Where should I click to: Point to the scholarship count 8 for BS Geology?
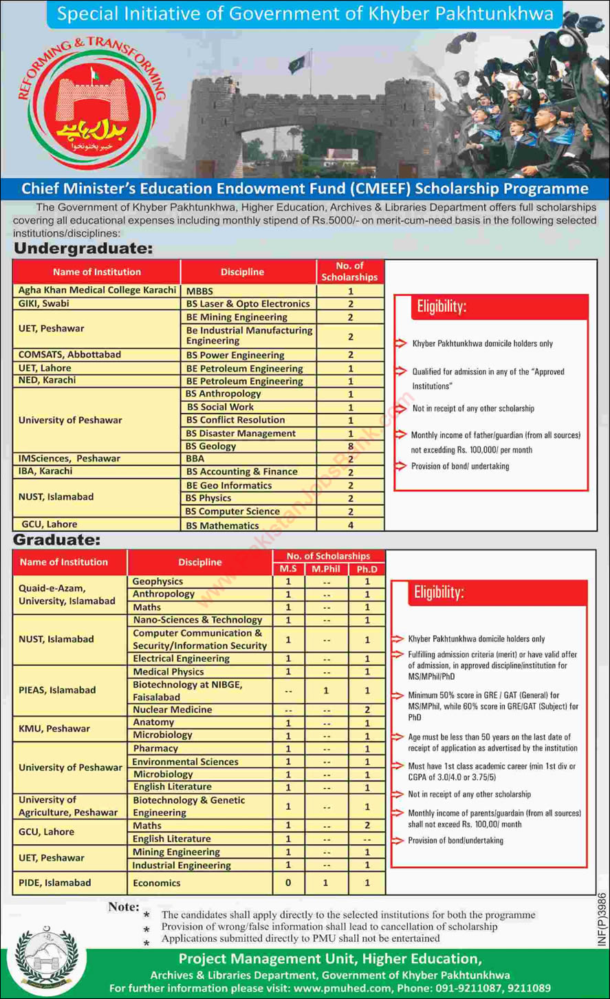pos(350,447)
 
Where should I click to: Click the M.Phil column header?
pos(326,569)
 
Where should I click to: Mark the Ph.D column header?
pos(367,569)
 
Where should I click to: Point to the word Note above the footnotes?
pos(123,907)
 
